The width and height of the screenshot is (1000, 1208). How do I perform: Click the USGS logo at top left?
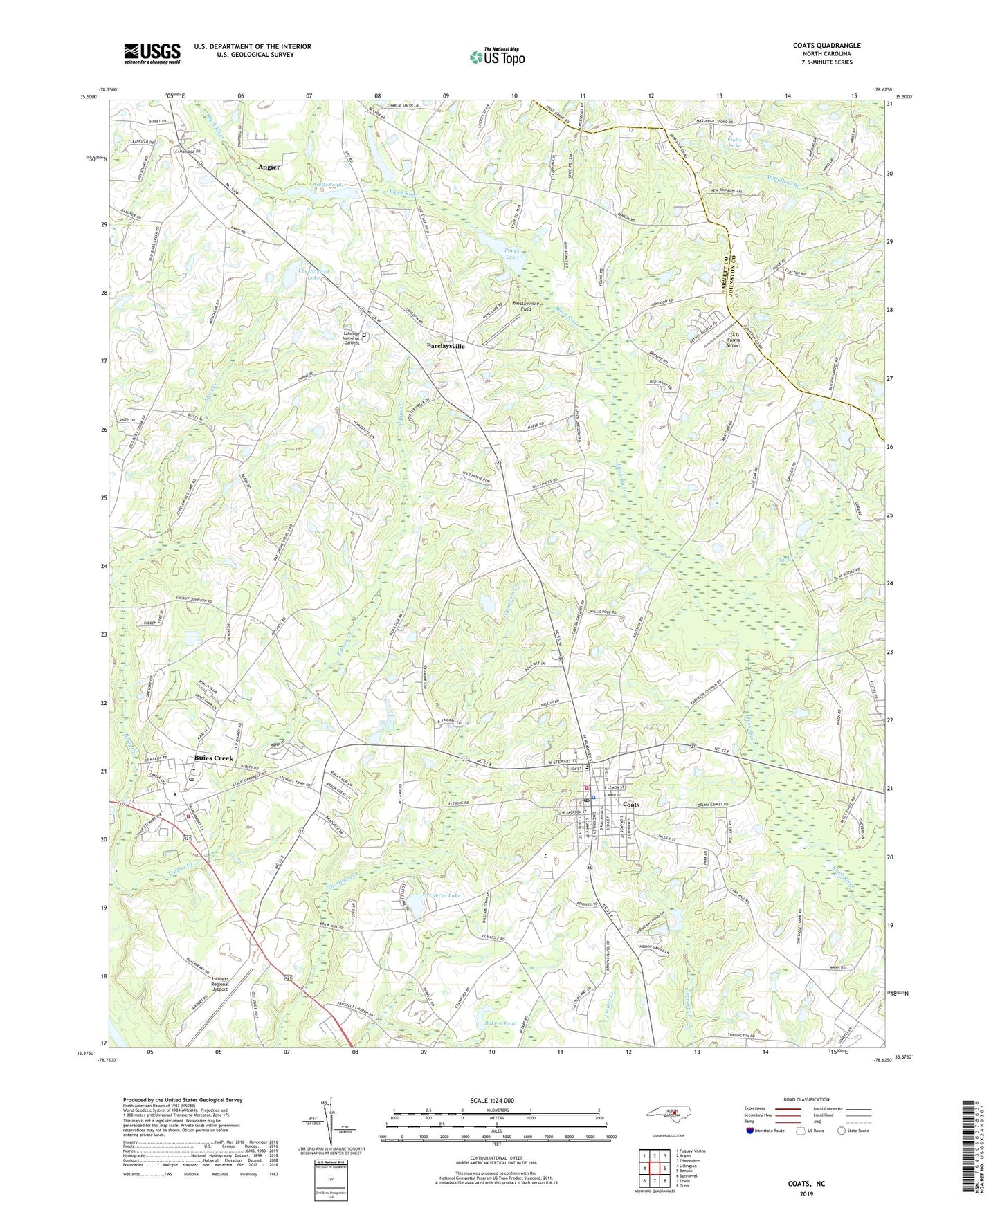coord(152,53)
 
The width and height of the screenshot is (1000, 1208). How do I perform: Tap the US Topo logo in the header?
coord(496,57)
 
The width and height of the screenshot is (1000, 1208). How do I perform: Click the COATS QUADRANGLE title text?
coord(826,46)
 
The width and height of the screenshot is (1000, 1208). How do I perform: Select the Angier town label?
coord(269,167)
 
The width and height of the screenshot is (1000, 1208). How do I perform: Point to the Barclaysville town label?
coord(446,345)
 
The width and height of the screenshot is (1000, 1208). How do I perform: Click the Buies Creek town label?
coord(214,758)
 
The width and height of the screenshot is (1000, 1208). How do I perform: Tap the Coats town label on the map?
coord(631,805)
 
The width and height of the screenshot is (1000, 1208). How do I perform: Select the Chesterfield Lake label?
coord(298,275)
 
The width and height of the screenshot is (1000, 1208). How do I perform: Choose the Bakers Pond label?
coord(500,1023)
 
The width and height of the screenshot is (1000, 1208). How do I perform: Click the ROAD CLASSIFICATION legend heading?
coord(807,1099)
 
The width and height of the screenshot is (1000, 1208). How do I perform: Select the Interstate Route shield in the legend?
coord(751,1131)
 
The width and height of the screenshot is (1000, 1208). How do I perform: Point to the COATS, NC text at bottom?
coord(806,1184)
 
